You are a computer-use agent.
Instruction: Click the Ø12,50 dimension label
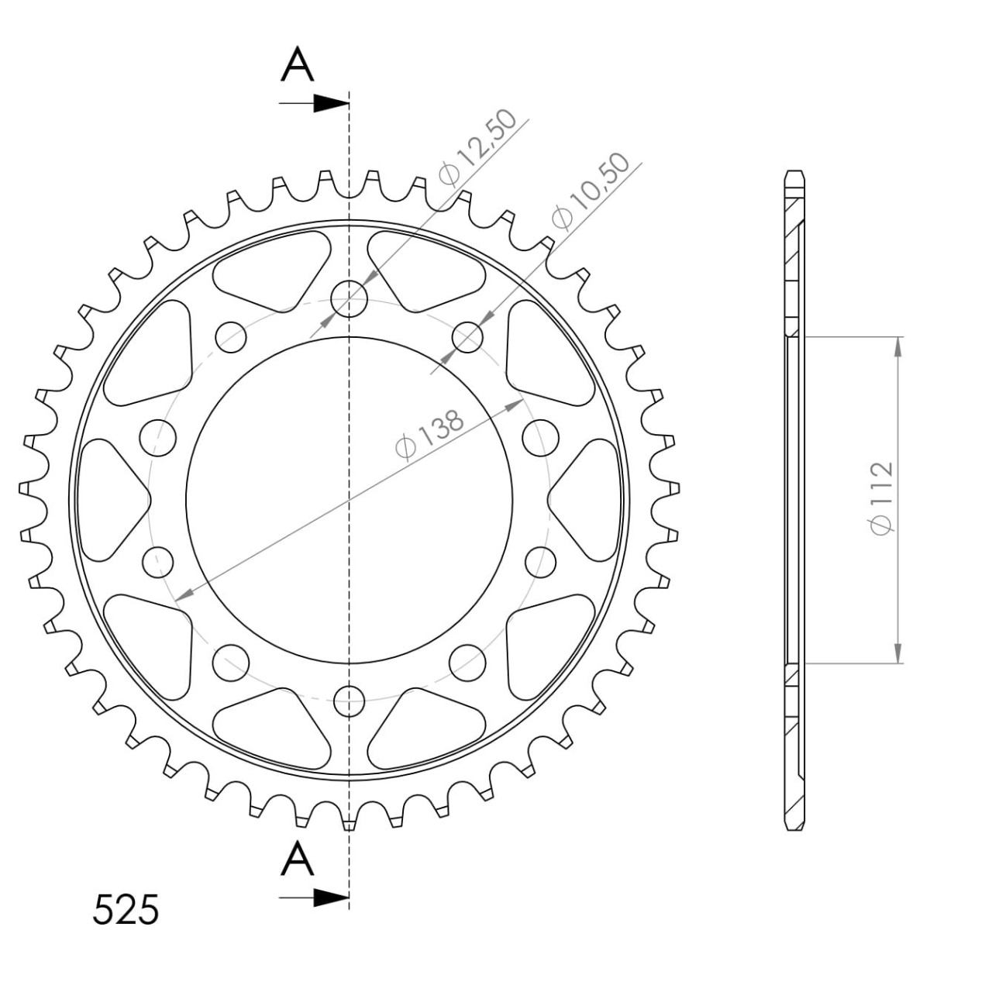pyautogui.click(x=477, y=148)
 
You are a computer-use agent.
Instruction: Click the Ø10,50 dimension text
pyautogui.click(x=590, y=191)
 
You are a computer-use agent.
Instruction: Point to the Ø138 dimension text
pyautogui.click(x=430, y=434)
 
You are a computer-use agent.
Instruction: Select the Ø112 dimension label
pyautogui.click(x=881, y=499)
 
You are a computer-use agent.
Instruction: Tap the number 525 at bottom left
pyautogui.click(x=126, y=909)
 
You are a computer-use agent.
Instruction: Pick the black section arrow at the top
pyautogui.click(x=314, y=104)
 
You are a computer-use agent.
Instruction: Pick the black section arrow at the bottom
pyautogui.click(x=314, y=898)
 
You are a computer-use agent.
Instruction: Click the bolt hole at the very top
pyautogui.click(x=349, y=298)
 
